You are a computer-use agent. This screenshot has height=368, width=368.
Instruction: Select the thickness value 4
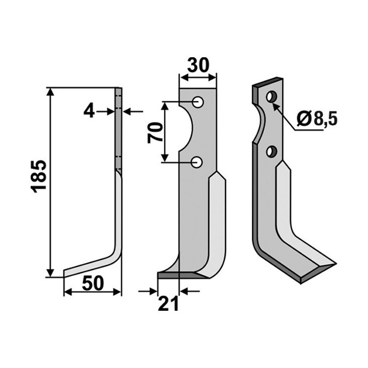89,112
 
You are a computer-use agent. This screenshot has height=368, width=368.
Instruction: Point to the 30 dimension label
198,65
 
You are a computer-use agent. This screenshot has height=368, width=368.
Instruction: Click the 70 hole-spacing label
155,133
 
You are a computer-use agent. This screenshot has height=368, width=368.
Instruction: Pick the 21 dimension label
168,304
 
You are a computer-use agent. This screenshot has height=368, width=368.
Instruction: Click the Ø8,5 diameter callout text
317,119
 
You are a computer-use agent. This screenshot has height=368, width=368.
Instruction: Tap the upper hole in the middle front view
198,102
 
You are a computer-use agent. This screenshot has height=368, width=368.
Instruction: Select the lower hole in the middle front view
197,162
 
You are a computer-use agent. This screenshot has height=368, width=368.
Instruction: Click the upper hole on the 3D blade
272,97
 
